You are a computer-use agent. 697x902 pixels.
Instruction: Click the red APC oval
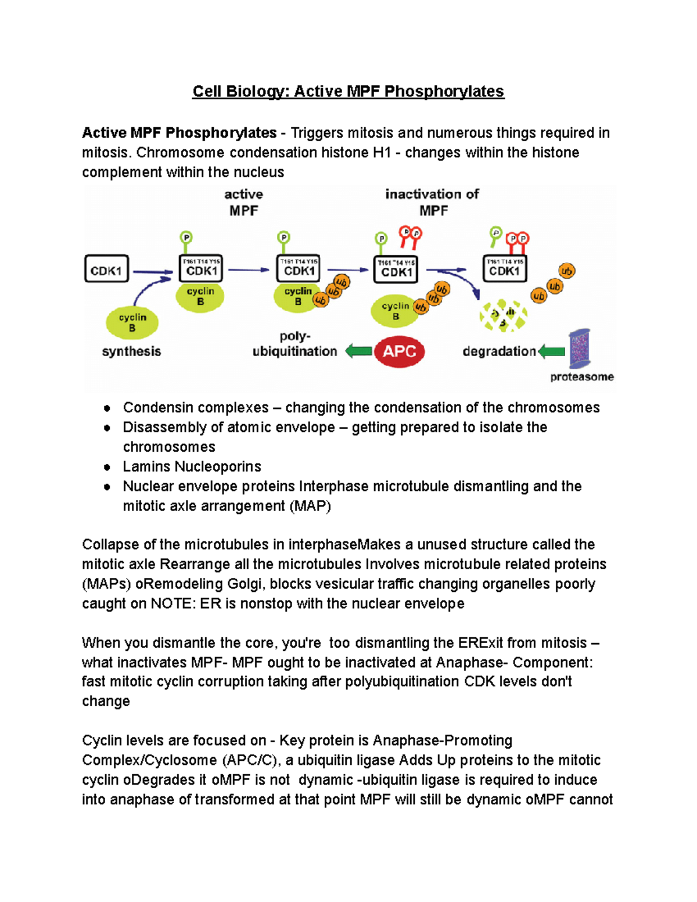tap(399, 351)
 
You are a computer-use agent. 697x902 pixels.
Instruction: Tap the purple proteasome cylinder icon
tap(579, 348)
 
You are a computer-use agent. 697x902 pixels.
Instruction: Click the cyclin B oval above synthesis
tap(132, 323)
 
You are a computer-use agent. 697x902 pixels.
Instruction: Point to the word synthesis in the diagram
tap(131, 351)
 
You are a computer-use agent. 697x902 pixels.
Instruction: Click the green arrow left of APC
tap(358, 351)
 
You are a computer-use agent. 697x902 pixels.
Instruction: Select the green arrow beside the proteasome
tap(551, 351)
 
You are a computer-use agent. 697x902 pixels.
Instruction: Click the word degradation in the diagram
tap(499, 351)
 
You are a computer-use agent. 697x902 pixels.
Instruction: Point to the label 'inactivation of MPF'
tap(432, 202)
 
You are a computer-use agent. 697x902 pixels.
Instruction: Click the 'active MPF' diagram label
tap(243, 202)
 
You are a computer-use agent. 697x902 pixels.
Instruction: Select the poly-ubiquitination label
tap(294, 344)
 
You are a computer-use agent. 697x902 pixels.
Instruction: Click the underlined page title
tap(348, 91)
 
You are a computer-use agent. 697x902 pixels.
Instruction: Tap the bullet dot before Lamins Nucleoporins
tap(107, 467)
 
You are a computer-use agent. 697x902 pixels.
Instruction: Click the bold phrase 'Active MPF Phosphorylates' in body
tap(179, 133)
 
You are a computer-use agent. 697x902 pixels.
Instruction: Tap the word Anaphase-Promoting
tap(443, 741)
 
